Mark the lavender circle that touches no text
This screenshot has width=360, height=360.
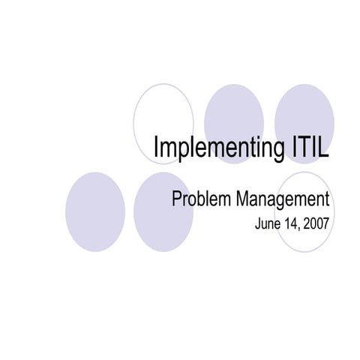[94, 212]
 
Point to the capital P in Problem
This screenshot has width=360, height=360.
[178, 200]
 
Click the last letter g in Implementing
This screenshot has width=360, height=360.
[274, 150]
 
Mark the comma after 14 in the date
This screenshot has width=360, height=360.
[299, 227]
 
